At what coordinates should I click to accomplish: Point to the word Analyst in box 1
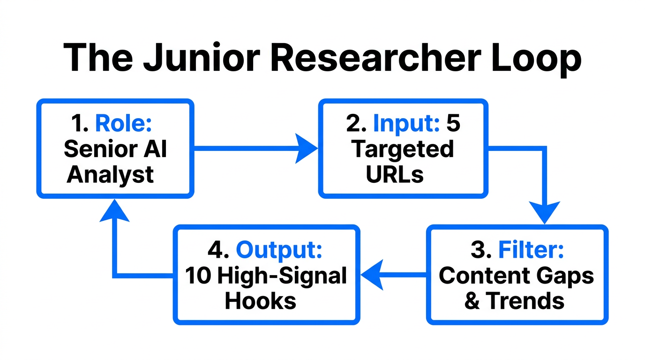(110, 174)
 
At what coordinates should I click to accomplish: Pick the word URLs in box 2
(395, 174)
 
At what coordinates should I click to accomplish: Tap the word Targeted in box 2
(403, 149)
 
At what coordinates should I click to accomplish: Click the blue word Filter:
(531, 250)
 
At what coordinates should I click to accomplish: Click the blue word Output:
(279, 250)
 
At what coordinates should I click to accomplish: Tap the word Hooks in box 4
(261, 301)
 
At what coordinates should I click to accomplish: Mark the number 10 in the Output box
(197, 276)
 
